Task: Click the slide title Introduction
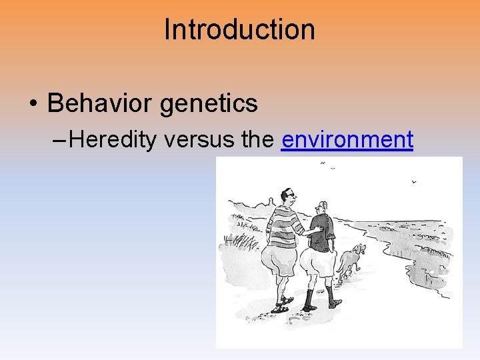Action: pos(239,30)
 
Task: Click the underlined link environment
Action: pos(347,140)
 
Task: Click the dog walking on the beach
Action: pos(351,260)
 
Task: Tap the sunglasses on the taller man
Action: pos(288,195)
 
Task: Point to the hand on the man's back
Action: pos(318,230)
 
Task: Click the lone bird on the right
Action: pos(413,181)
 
